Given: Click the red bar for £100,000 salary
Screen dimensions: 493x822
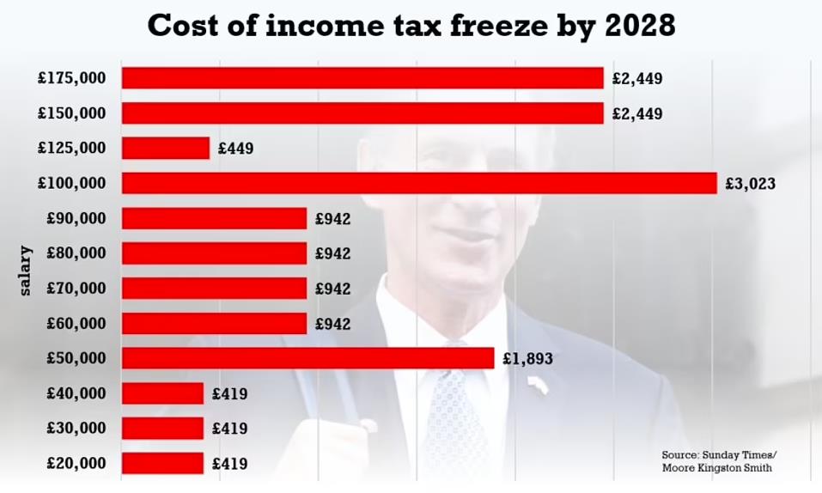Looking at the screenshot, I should (x=419, y=183).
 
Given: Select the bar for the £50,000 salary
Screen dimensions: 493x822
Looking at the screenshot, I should (x=307, y=358).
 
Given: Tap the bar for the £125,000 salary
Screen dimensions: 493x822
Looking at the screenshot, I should (x=166, y=148).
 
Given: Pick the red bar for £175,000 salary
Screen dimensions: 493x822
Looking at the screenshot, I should (x=362, y=78).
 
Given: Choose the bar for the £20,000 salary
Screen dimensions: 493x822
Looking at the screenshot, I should (x=162, y=464).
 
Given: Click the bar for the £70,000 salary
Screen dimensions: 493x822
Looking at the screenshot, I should (x=214, y=288).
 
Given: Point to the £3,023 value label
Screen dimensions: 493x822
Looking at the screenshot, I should (x=750, y=183).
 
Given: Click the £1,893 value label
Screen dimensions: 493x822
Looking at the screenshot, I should (x=527, y=358).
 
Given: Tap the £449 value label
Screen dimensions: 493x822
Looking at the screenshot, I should (x=235, y=148).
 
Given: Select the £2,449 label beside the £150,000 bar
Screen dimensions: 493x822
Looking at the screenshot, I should (x=636, y=113).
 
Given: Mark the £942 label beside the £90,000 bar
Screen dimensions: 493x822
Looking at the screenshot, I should (x=332, y=218).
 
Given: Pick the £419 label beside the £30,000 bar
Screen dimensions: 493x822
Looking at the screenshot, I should (x=229, y=429).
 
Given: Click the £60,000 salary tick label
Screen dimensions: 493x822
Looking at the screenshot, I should (x=76, y=323).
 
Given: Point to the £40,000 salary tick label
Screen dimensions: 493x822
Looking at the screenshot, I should (x=76, y=393).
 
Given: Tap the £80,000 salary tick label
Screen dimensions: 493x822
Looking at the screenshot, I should (x=76, y=253).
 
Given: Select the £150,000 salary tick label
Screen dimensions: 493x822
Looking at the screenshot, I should (x=72, y=113).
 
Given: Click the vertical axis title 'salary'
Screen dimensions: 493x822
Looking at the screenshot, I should (x=26, y=271).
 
